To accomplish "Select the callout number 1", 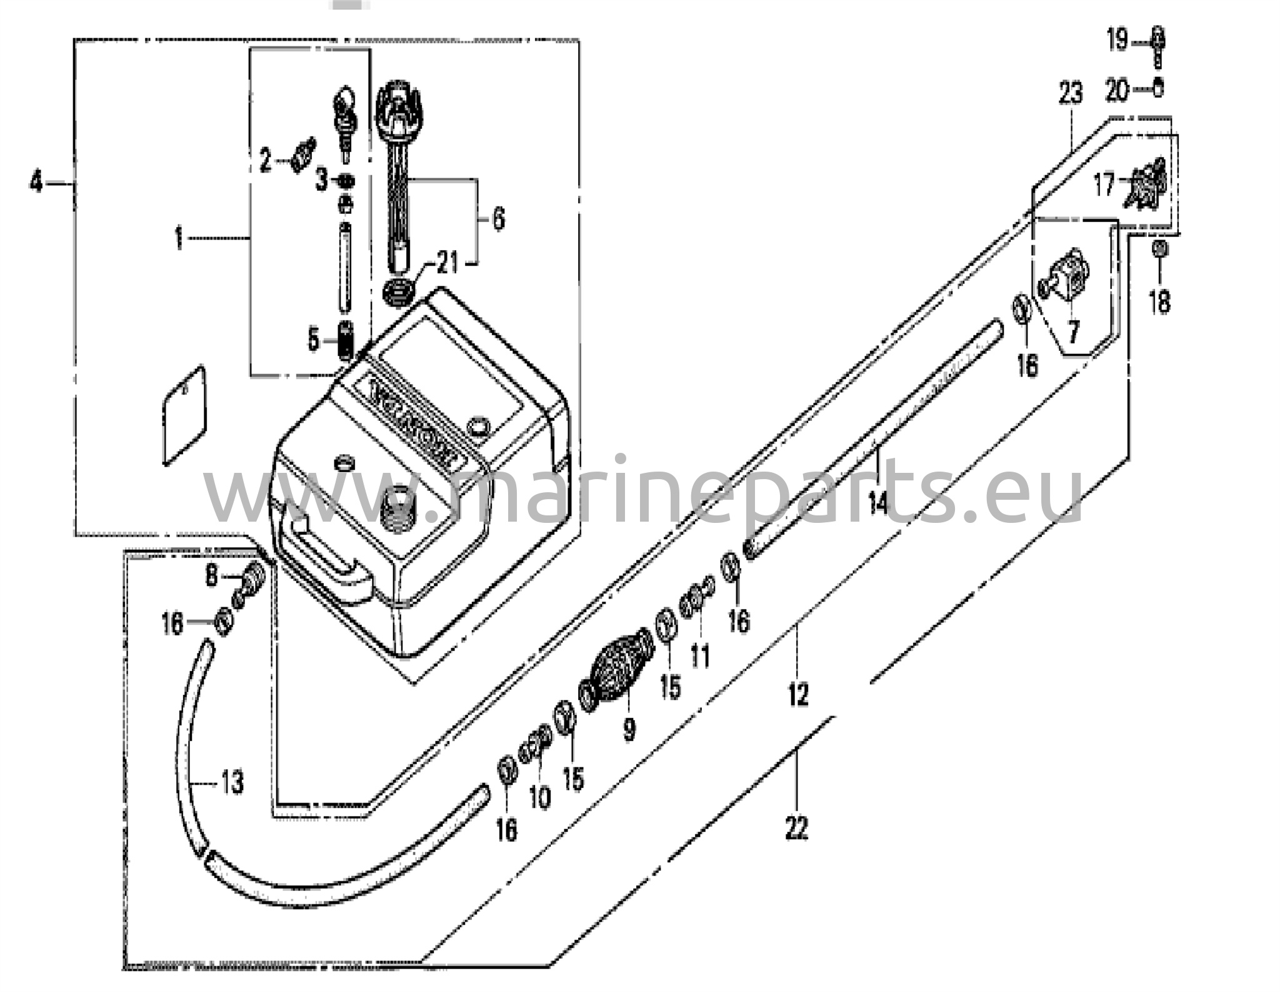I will coord(179,238).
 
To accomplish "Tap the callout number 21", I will coord(447,263).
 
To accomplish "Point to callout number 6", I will coord(497,219).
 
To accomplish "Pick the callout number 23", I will coord(1070,94).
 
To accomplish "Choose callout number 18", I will coord(1159,302).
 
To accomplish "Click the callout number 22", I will coord(796,829).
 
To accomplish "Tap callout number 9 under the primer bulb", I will coord(629,728).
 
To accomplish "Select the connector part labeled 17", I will coord(1145,186).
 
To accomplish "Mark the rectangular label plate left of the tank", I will coord(184,415).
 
